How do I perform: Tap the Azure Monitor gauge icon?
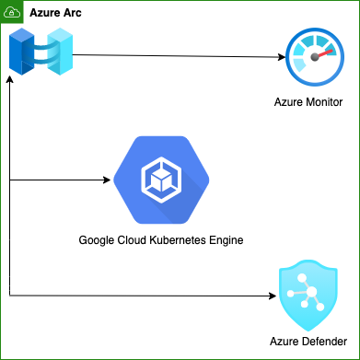pyautogui.click(x=315, y=58)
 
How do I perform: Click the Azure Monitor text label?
pyautogui.click(x=315, y=101)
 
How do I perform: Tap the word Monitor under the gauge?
pyautogui.click(x=333, y=101)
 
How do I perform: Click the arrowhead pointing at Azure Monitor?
pyautogui.click(x=281, y=58)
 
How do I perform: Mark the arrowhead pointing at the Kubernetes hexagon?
pyautogui.click(x=108, y=180)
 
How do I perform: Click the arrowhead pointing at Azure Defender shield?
pyautogui.click(x=272, y=295)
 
